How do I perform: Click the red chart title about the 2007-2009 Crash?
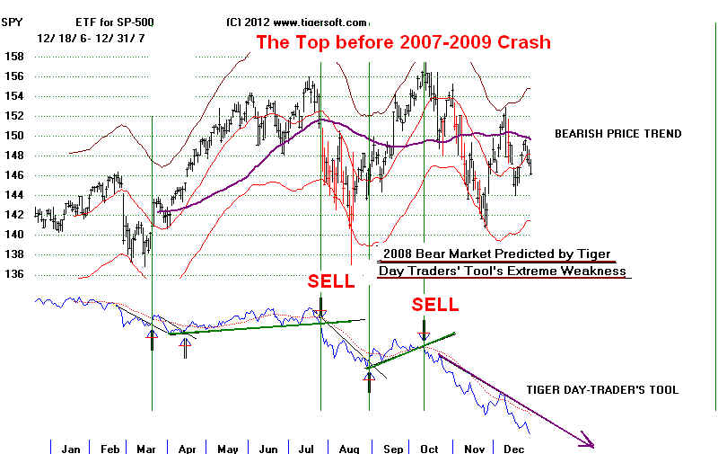point(403,41)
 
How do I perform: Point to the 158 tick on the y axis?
point(13,56)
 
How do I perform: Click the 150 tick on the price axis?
point(13,136)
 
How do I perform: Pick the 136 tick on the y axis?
point(13,275)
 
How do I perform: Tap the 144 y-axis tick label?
point(13,195)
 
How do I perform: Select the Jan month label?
point(71,448)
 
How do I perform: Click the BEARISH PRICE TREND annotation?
point(617,134)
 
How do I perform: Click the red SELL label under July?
point(331,280)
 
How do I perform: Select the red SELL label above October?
point(435,305)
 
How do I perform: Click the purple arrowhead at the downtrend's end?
point(587,441)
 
